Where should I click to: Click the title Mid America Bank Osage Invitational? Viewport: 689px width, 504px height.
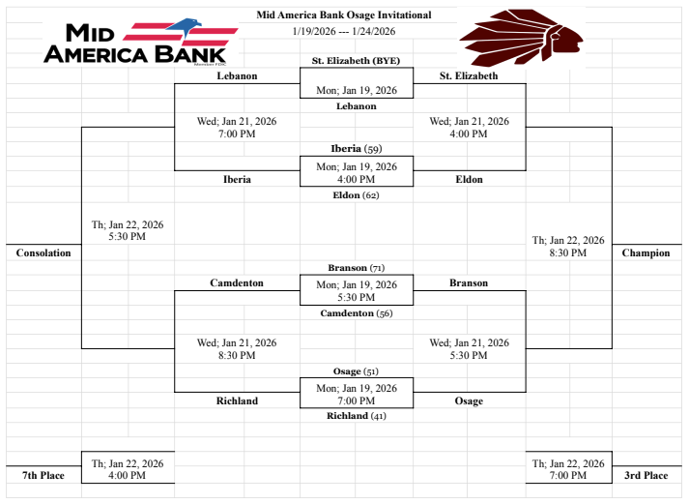click(x=344, y=15)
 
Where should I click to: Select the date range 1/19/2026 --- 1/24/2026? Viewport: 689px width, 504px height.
click(x=344, y=31)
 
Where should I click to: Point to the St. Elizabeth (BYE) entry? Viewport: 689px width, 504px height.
click(x=356, y=60)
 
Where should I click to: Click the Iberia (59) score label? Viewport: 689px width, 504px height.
click(x=356, y=149)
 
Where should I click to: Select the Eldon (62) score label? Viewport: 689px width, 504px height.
click(x=356, y=195)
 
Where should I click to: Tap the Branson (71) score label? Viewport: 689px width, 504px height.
click(x=356, y=267)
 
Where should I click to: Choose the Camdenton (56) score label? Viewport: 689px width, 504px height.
click(x=356, y=313)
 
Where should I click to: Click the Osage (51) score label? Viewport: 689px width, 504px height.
click(x=356, y=371)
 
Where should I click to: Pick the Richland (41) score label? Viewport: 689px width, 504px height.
click(x=356, y=416)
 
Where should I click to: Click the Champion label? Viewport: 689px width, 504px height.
click(x=646, y=253)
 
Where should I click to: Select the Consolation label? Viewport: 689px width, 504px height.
click(x=43, y=253)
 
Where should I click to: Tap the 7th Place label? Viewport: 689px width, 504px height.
click(x=43, y=476)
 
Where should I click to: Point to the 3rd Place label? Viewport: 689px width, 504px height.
click(x=646, y=476)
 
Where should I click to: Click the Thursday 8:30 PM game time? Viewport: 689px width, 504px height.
click(x=568, y=247)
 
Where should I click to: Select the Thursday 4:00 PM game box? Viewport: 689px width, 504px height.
click(x=128, y=469)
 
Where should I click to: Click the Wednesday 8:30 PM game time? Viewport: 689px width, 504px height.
click(x=237, y=349)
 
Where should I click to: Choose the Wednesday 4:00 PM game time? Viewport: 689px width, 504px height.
click(x=469, y=128)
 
